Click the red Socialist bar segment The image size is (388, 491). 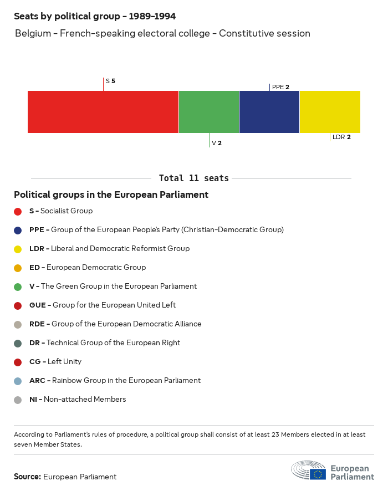103,112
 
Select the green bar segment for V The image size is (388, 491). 209,112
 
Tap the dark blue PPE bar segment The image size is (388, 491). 269,112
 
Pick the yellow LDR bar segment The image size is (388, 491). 330,112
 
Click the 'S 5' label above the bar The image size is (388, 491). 110,81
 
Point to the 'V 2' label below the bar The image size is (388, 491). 217,143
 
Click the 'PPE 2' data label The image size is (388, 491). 280,87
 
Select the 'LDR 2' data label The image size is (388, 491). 341,137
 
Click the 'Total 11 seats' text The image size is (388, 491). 193,178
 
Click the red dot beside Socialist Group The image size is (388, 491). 18,211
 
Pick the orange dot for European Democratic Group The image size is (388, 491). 18,268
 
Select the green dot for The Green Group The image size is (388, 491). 18,287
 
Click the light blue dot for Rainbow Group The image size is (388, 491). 18,381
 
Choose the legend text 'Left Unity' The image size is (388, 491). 64,362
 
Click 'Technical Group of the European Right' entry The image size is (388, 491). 113,343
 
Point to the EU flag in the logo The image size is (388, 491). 318,474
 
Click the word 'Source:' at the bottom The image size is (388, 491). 27,477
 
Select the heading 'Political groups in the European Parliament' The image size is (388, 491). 111,195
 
